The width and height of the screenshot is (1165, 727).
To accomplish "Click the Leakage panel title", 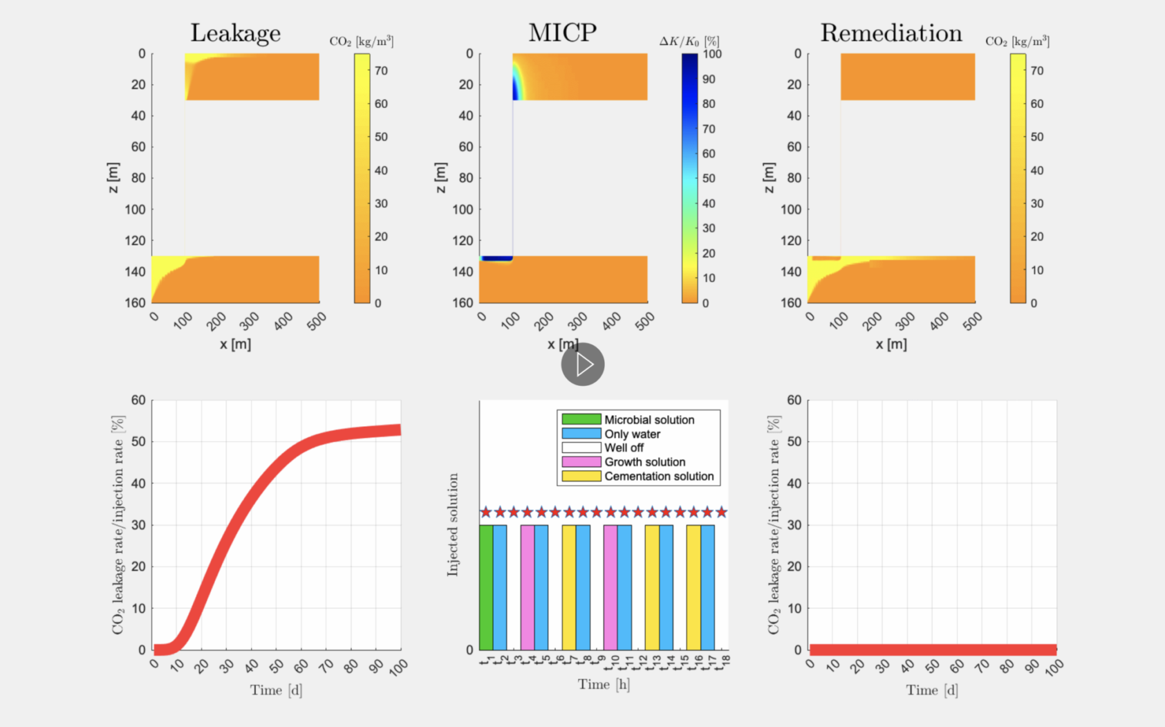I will click(235, 33).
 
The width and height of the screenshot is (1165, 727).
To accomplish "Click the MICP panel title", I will click(562, 33).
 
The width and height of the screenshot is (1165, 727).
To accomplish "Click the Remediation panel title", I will click(891, 33).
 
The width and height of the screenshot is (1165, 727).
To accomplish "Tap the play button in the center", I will click(583, 365).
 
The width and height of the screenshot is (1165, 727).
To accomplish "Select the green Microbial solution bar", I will click(486, 587).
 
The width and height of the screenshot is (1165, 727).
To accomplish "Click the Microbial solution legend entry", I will click(649, 420).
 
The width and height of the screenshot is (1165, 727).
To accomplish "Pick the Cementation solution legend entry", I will click(658, 476).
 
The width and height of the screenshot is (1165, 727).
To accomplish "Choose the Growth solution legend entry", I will click(644, 462).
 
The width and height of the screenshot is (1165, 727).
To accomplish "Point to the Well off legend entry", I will click(624, 448).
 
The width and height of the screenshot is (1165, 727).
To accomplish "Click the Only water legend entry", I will click(632, 434).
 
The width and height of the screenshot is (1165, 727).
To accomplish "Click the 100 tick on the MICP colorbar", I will click(712, 54).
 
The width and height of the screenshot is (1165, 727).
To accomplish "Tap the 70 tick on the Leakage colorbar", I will click(381, 71).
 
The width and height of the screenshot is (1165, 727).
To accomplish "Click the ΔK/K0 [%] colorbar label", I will click(689, 42).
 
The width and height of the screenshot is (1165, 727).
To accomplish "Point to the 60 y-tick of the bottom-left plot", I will click(138, 400).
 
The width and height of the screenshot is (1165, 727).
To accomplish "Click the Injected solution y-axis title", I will click(453, 524).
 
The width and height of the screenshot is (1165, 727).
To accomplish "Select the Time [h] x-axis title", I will click(604, 684).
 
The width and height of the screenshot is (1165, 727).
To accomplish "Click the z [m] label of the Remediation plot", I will click(769, 178).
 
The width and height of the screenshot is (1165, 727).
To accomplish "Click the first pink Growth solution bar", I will click(528, 587).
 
